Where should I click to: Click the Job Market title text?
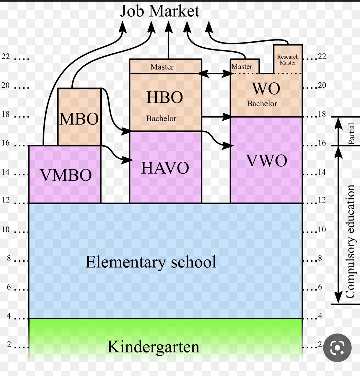tap(160, 11)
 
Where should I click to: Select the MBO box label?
tap(79, 119)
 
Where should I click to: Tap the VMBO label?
tap(66, 175)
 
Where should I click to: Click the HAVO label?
tap(165, 168)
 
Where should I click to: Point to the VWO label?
tap(266, 161)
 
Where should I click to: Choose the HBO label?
tap(165, 97)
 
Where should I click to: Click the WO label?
tap(266, 89)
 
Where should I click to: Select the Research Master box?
tap(288, 59)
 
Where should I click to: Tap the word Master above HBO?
tap(162, 67)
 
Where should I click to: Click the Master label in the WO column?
tap(242, 66)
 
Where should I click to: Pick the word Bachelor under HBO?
tap(161, 118)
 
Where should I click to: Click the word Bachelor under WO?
tap(262, 103)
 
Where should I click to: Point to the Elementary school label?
tap(151, 262)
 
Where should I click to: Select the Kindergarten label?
tap(153, 347)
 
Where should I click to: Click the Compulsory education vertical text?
tap(350, 241)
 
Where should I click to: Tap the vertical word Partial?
tap(351, 134)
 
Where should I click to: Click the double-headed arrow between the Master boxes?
tap(216, 74)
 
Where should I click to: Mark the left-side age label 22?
tap(6, 56)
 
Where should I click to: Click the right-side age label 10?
tap(322, 229)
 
